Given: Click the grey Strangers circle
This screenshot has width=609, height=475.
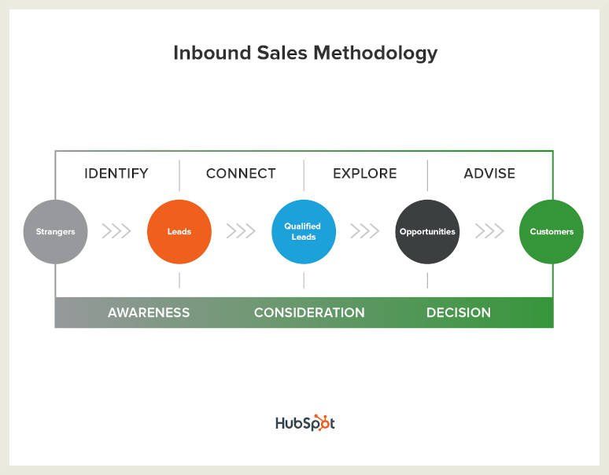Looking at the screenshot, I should [x=55, y=232].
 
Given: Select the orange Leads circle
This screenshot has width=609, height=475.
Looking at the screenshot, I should [x=179, y=232].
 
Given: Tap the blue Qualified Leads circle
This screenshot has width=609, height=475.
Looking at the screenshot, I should [x=304, y=232].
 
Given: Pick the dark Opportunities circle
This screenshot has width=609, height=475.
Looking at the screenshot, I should [x=427, y=232].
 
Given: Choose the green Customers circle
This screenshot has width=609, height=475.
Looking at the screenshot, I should [x=552, y=232].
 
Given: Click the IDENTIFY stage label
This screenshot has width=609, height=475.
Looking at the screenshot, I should [x=116, y=174].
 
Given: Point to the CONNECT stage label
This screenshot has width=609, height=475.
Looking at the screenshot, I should [x=241, y=174].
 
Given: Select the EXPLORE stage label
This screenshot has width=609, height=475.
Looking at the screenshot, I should [x=365, y=174].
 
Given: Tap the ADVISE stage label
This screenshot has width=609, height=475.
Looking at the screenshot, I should [x=489, y=174].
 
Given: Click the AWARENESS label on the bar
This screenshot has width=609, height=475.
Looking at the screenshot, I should [x=149, y=313].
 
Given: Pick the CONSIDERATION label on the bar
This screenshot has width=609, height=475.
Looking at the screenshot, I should [x=309, y=313].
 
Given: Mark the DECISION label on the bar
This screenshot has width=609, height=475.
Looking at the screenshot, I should [x=459, y=313].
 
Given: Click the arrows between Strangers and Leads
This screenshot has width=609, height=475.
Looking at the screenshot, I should [x=116, y=231].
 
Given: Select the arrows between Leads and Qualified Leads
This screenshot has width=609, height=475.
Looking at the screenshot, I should [x=241, y=231].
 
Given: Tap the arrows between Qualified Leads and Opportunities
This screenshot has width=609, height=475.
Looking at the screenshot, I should [x=365, y=231].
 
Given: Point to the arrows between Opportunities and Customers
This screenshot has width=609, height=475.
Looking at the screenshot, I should [x=489, y=231].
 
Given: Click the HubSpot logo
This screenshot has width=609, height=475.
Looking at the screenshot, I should [x=304, y=422].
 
